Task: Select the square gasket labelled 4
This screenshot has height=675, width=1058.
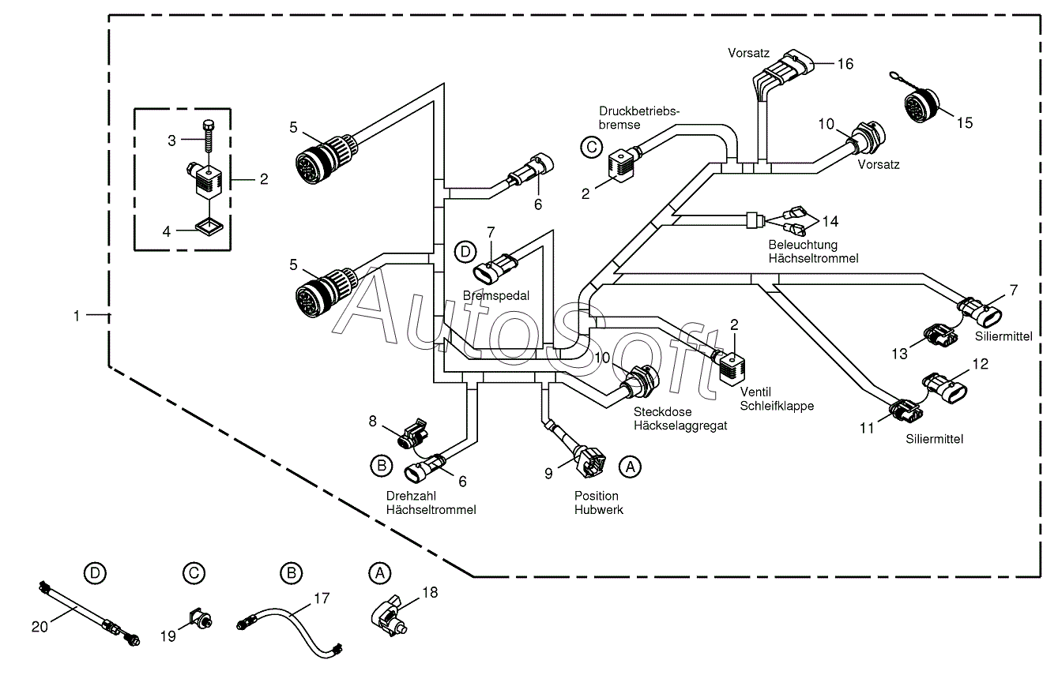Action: [209, 226]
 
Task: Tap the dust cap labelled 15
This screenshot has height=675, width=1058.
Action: [921, 103]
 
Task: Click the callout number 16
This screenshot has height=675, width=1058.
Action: [845, 64]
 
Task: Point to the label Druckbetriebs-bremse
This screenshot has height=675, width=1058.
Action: [639, 118]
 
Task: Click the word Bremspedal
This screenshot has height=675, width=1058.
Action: [496, 295]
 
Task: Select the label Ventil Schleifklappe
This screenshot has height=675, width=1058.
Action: [777, 399]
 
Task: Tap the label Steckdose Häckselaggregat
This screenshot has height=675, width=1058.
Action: [680, 418]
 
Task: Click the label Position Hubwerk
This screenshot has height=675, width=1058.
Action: [598, 503]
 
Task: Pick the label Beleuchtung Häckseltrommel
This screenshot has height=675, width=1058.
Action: [813, 252]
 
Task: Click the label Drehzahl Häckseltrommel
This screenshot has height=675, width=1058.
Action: [431, 503]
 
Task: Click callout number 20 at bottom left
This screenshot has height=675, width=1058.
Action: [40, 627]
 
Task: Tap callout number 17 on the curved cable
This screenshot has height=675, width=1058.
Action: [321, 598]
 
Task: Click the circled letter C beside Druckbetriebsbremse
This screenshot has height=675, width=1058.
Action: [591, 148]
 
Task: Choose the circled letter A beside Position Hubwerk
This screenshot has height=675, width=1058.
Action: [630, 467]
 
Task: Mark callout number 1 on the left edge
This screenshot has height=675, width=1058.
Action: [77, 316]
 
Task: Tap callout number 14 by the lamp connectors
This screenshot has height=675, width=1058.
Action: [830, 221]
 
